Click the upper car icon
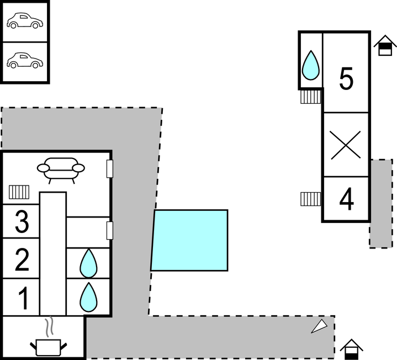pos(24,22)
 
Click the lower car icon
pos(24,61)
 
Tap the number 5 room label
pos(346,79)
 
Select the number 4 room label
pos(346,200)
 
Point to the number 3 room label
pos(22,222)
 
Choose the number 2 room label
pos(22,260)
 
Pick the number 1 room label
pos(23,298)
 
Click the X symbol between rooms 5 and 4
pos(346,145)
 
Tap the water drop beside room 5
pos(311,65)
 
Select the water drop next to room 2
pos(88,263)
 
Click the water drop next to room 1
pos(88,297)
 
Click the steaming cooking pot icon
pos(49,341)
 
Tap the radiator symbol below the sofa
pos(19,192)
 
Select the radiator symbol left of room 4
pos(311,198)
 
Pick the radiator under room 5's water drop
pos(311,97)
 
